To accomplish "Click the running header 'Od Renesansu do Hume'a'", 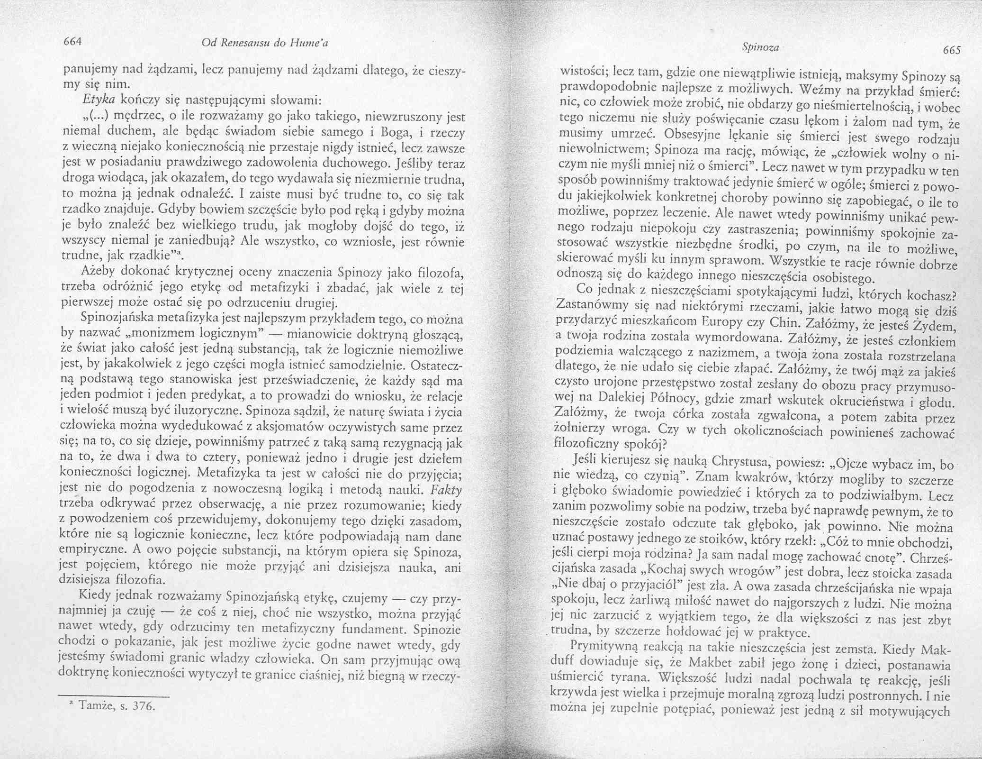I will click(265, 43).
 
